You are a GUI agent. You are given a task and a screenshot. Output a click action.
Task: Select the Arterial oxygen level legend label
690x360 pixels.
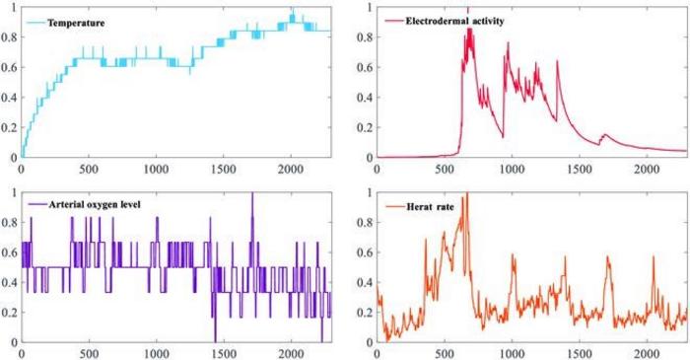click(x=88, y=204)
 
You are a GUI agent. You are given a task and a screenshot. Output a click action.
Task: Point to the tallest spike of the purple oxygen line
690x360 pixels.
click(x=251, y=193)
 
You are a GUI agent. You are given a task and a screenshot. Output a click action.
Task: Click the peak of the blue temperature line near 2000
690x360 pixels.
click(x=292, y=10)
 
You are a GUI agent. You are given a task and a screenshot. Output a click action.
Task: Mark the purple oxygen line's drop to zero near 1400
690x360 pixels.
click(x=215, y=340)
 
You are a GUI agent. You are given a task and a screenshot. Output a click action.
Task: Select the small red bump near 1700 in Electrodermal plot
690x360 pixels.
click(x=605, y=135)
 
